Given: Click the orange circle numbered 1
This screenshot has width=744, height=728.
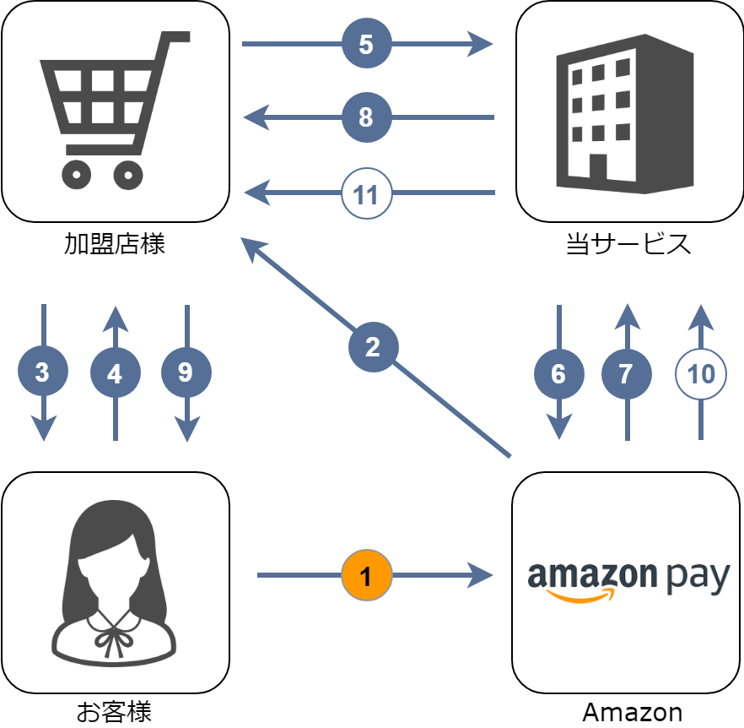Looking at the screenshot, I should point(367,576).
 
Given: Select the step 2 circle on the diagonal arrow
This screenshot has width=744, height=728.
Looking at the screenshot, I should point(373,346).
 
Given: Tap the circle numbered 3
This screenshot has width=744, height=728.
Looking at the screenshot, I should point(43,372).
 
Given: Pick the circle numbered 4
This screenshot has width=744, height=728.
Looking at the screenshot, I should point(115,372).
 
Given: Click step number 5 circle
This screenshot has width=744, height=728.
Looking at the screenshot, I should point(367,44).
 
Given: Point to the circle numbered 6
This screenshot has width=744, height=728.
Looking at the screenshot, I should point(558,373).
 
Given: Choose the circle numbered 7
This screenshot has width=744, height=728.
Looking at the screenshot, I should point(627,373).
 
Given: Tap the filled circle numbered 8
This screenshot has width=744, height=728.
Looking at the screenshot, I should point(367,117).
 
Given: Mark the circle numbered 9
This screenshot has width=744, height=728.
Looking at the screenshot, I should point(186,372).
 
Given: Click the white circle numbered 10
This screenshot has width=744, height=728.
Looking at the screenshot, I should point(701,373).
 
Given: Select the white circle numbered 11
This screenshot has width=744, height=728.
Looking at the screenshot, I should point(367,194).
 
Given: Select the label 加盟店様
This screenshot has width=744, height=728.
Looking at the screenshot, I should point(115,245).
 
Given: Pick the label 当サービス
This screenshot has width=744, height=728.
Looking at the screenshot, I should point(628,245).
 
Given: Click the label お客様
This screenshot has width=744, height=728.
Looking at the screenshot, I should point(115,712).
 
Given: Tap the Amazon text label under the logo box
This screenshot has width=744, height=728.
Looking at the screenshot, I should point(632,713).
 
